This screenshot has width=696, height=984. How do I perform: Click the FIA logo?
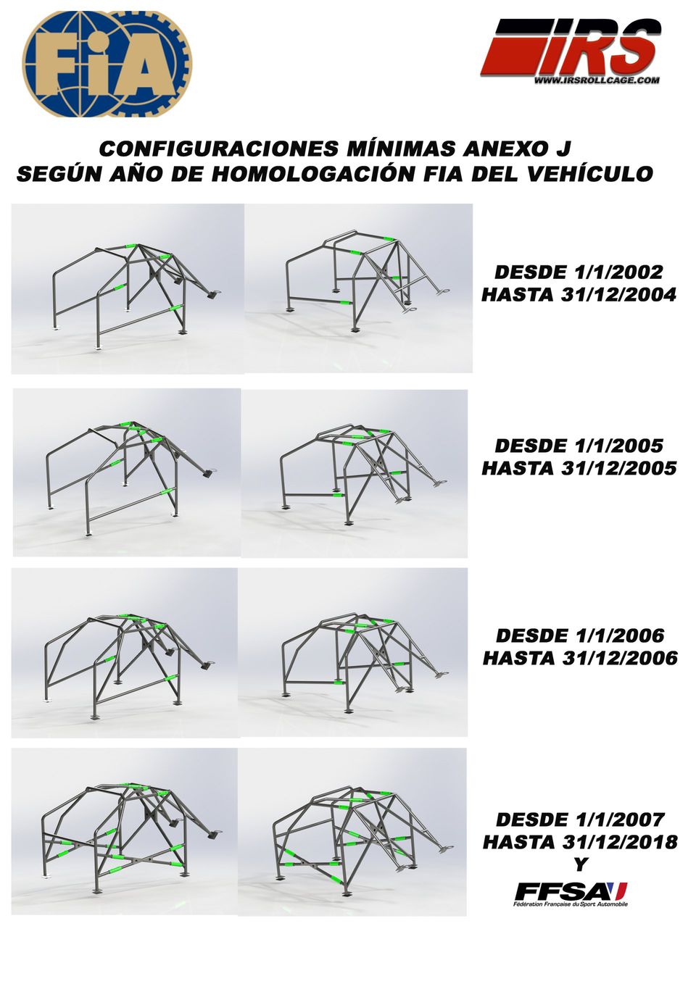click(x=107, y=64)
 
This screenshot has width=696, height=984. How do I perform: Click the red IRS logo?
click(x=571, y=49)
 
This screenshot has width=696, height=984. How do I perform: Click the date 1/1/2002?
click(x=618, y=272)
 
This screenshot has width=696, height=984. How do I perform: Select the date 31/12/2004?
click(x=618, y=295)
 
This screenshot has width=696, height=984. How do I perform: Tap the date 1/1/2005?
click(x=618, y=446)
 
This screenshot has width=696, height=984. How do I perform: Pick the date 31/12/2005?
click(x=618, y=468)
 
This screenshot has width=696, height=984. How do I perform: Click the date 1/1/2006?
click(x=618, y=635)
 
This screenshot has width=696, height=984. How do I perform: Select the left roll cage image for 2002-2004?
click(x=128, y=288)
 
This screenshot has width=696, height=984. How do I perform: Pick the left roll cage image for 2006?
click(x=125, y=653)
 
